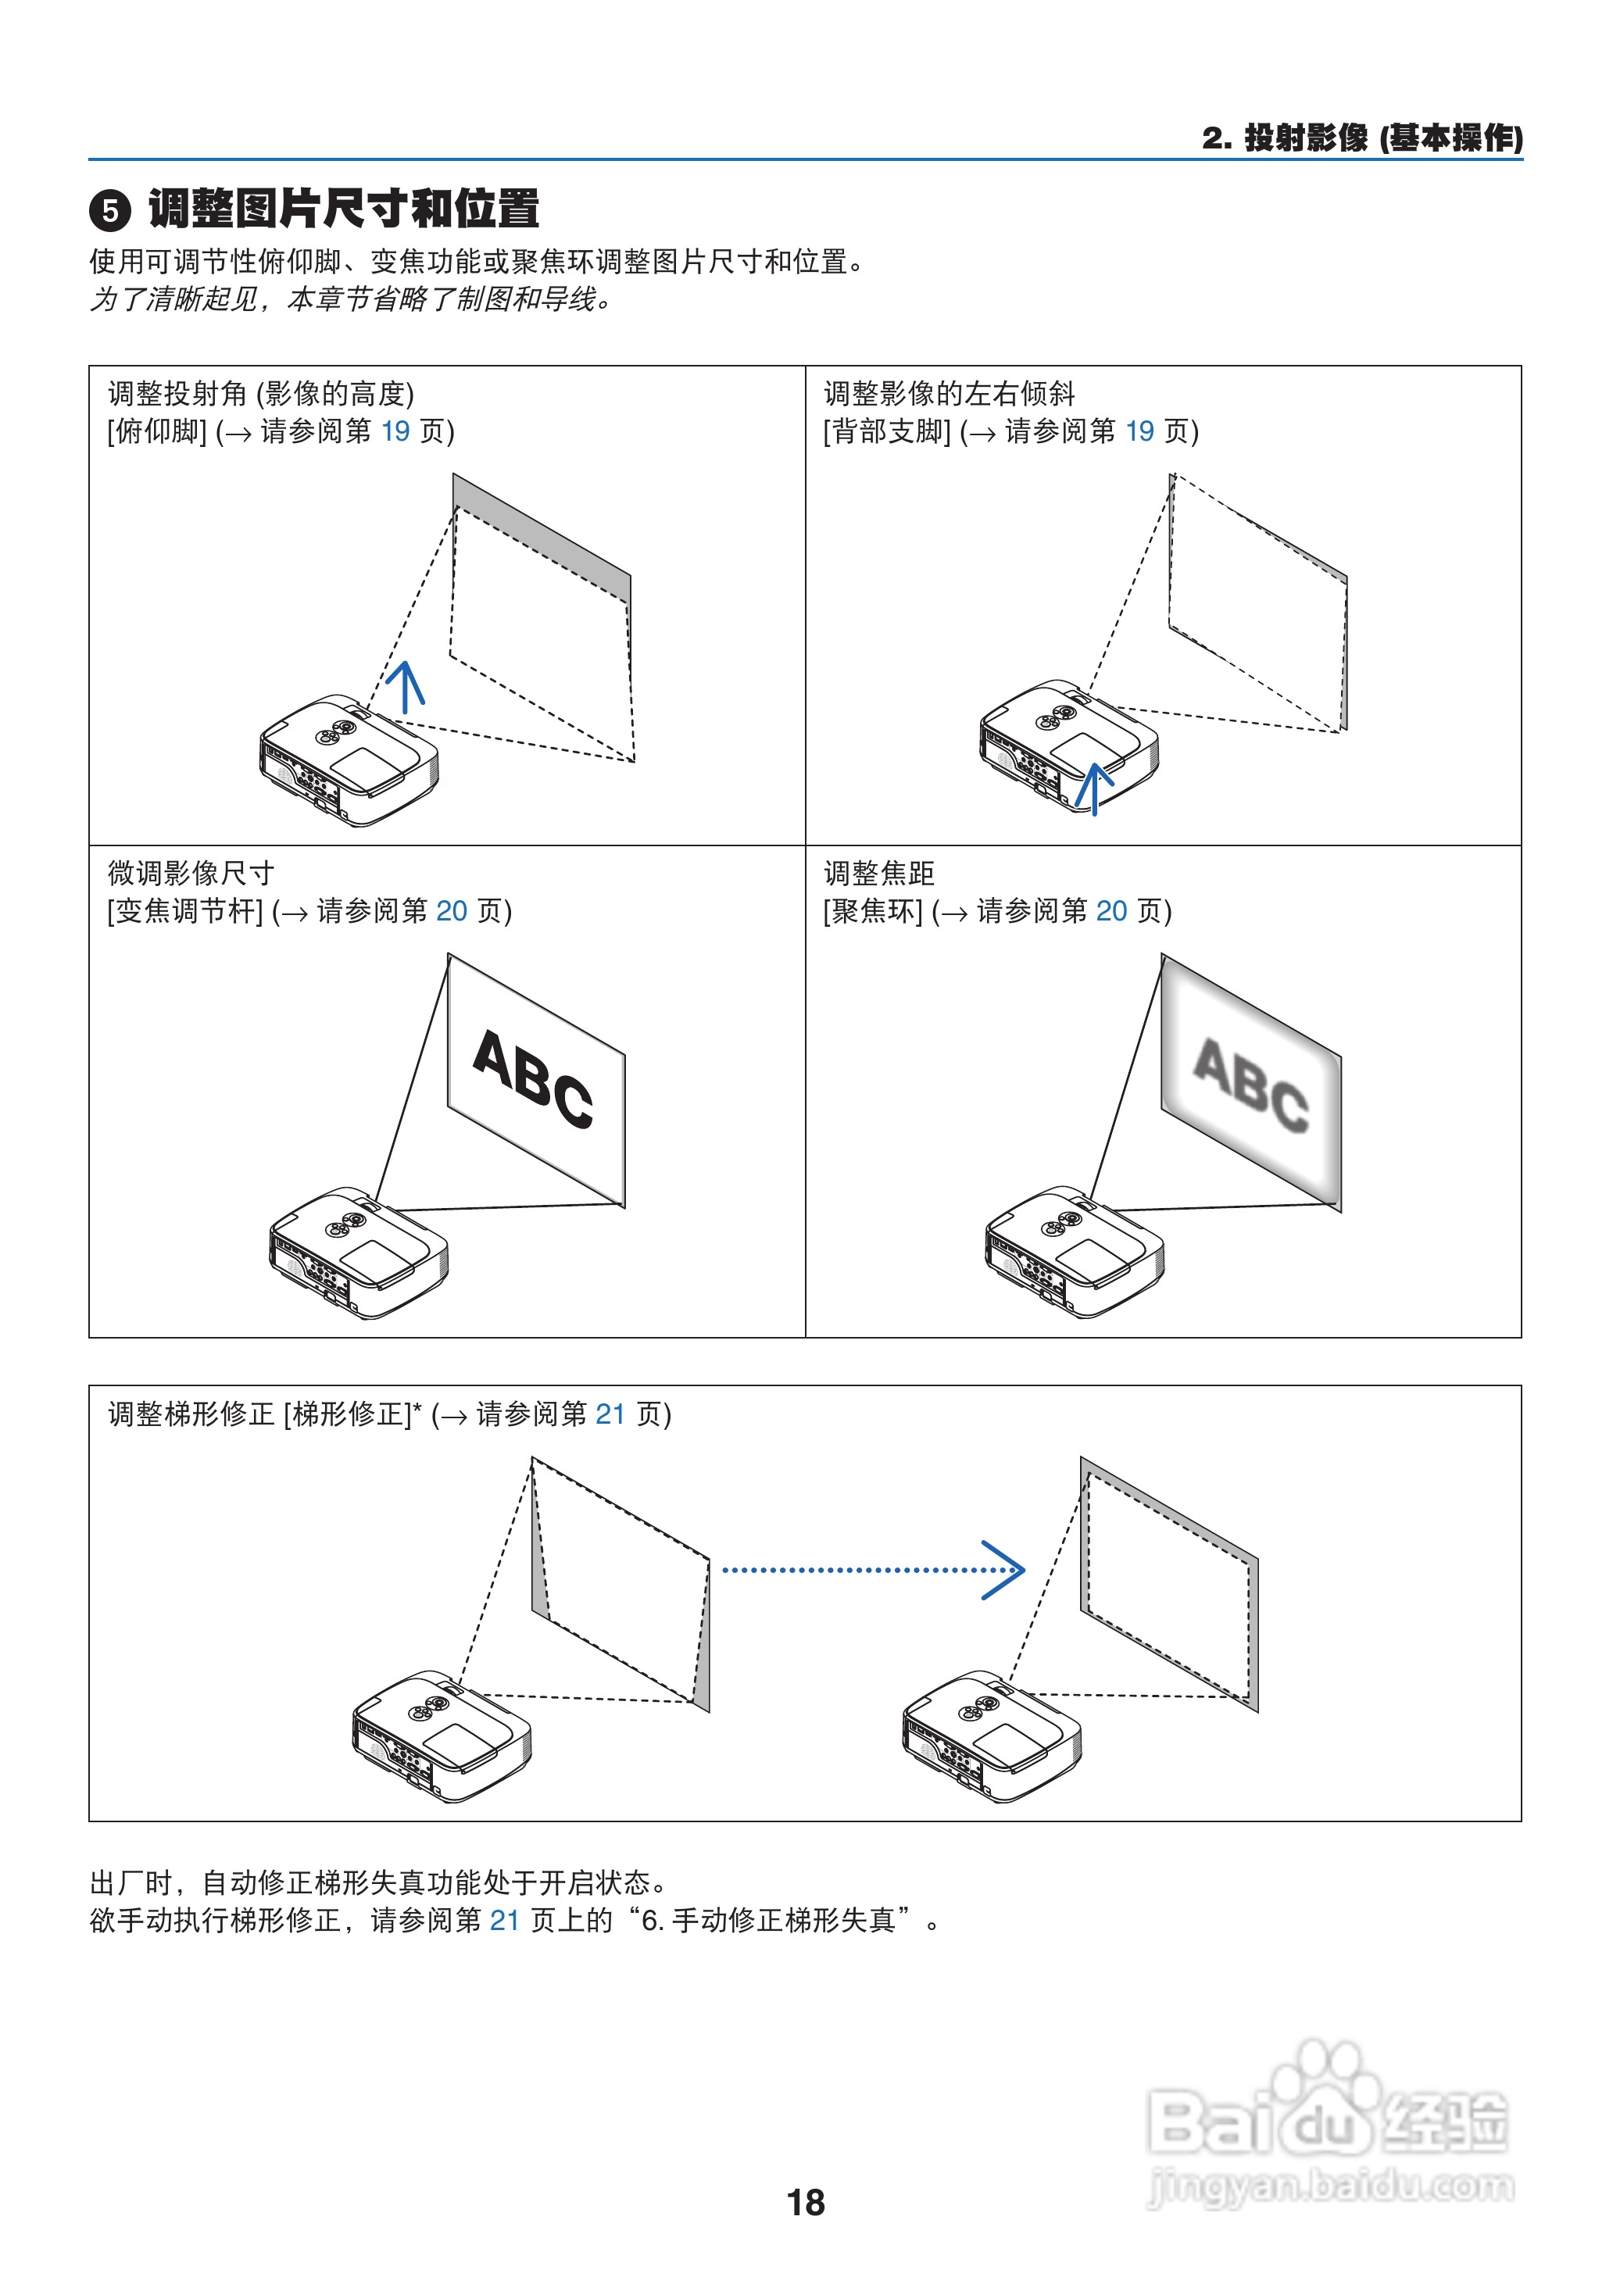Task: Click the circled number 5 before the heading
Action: tap(110, 210)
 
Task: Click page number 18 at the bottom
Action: tap(806, 2203)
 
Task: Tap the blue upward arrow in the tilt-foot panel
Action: tap(406, 686)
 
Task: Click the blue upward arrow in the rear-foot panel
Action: tap(1093, 788)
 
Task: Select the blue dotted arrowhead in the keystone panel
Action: tap(1005, 1570)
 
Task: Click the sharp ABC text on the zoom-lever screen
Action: tap(533, 1078)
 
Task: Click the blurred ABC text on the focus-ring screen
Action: tap(1250, 1085)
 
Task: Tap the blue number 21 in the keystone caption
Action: tap(610, 1414)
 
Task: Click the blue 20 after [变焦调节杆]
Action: tap(451, 910)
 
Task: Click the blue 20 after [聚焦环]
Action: tap(1111, 910)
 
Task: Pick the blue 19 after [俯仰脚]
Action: tap(395, 431)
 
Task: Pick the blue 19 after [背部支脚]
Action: tap(1139, 431)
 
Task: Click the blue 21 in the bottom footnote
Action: tap(505, 1921)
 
